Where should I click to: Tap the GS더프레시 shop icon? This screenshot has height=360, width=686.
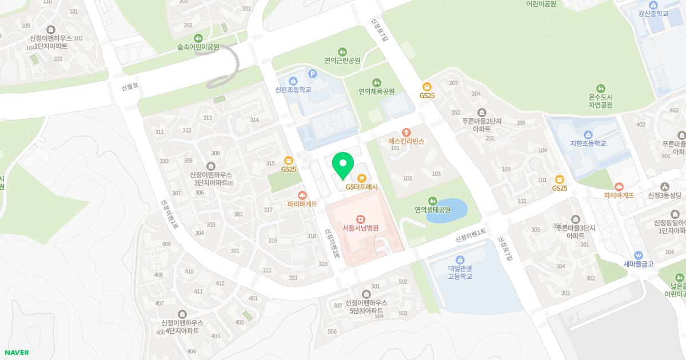pos(361,178)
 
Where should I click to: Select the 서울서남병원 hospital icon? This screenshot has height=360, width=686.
pos(360,219)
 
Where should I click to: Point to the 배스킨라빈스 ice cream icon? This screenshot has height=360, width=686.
pos(406,132)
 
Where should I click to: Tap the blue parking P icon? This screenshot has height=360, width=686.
pos(313,73)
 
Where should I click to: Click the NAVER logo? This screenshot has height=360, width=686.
pos(16,353)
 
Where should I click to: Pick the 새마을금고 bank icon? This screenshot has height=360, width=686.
pos(639,255)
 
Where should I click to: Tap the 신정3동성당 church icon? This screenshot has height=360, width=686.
pos(664,187)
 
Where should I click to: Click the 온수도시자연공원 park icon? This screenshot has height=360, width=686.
pos(600,89)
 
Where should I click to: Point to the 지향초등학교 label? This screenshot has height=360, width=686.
pos(588,143)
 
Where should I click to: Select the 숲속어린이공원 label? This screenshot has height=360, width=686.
pos(198,47)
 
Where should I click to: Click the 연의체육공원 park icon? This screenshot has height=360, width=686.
pos(377,83)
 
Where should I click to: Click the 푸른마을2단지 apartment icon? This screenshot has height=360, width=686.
pos(481,113)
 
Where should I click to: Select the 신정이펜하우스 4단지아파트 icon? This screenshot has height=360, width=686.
pos(182,314)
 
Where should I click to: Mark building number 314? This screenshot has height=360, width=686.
pos(254,120)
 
